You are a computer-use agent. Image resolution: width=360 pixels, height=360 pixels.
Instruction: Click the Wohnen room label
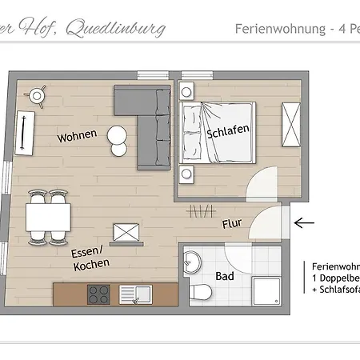click(x=77, y=136)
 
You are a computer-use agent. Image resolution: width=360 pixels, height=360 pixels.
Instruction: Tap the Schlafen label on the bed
click(x=228, y=130)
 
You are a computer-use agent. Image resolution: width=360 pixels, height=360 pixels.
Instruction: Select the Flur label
click(x=233, y=225)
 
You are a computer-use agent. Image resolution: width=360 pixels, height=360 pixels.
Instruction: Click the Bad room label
click(x=225, y=276)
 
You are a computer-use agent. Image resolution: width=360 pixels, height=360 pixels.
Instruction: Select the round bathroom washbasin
click(x=193, y=261)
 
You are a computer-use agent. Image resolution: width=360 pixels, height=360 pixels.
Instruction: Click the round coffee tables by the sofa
click(x=118, y=140)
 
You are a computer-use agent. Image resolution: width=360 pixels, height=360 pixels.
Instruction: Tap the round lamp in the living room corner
click(x=36, y=95)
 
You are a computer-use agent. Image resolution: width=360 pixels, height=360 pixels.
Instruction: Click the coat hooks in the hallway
click(x=197, y=210)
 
